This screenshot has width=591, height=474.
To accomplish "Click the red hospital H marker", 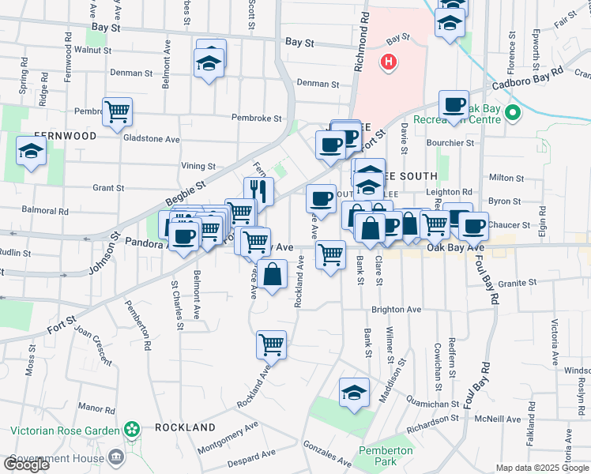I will [x=388, y=62].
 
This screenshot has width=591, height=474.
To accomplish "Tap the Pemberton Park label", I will [x=386, y=456].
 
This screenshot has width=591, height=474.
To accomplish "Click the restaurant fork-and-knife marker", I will [x=258, y=190].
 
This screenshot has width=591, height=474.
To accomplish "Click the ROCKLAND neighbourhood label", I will [x=185, y=427].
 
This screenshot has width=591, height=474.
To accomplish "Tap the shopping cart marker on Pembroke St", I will [x=117, y=111].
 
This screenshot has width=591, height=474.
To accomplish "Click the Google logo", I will [x=26, y=464].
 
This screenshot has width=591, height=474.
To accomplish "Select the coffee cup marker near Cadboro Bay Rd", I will [x=454, y=105].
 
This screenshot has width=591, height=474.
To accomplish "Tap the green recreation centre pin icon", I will [x=513, y=113].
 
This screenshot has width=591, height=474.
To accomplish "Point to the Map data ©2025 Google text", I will [x=543, y=468].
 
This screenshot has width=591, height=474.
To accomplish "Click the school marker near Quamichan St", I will [x=354, y=391].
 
